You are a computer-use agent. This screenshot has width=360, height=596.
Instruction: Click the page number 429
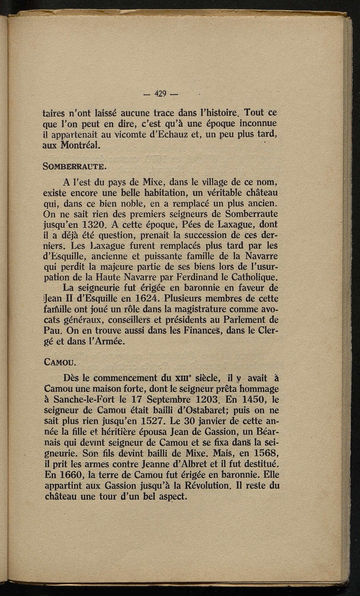[162, 95]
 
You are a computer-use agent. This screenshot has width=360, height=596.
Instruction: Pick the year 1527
[135, 421]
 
